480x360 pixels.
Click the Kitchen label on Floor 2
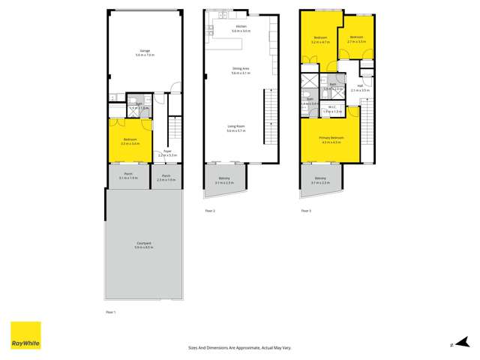[240, 28]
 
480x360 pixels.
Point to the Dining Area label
[240, 70]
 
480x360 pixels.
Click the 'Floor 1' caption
[110, 310]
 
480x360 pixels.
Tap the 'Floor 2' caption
[210, 211]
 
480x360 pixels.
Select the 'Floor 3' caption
[305, 211]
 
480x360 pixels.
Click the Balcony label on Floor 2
[224, 180]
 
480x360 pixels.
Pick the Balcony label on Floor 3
[320, 179]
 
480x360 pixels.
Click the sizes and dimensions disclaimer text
[239, 347]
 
